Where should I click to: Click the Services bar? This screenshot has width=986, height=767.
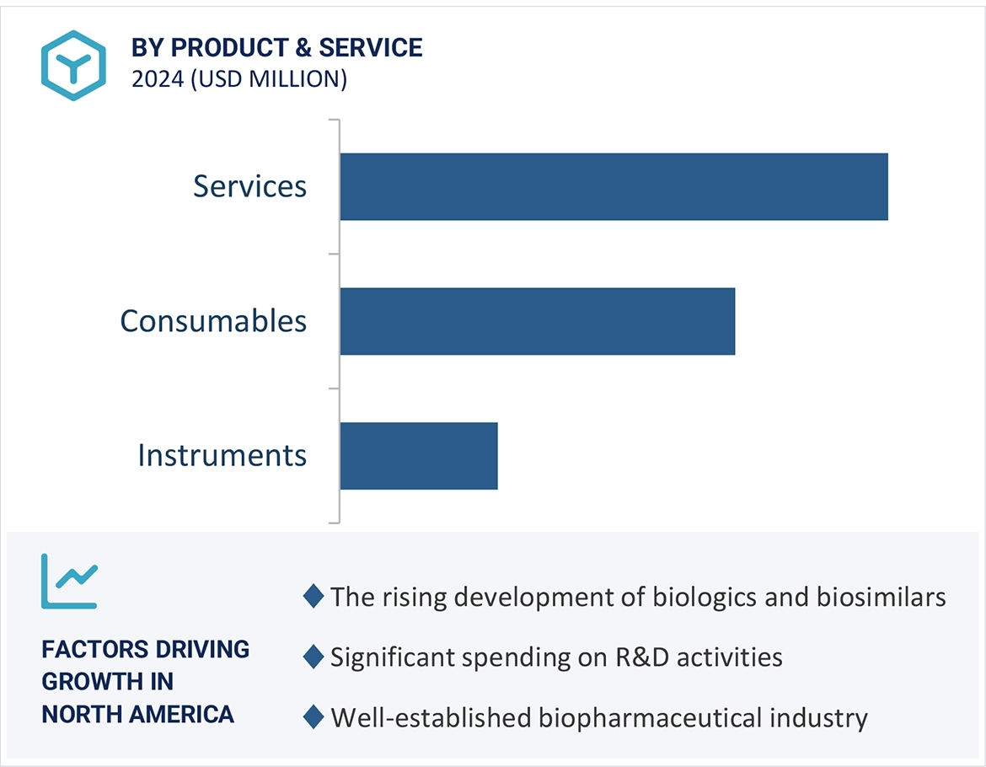click(x=614, y=186)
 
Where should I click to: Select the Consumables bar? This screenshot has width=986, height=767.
click(x=537, y=321)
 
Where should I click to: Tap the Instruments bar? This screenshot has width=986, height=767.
click(x=419, y=455)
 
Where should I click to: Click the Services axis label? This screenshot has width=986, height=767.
click(x=249, y=186)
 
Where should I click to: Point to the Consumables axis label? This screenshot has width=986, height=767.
click(x=213, y=321)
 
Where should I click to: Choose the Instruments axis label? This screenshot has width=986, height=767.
click(x=222, y=455)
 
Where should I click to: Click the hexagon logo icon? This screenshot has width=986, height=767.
click(x=73, y=65)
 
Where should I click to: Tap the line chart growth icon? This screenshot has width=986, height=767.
click(x=69, y=581)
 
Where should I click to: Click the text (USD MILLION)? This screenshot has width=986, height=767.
click(x=268, y=79)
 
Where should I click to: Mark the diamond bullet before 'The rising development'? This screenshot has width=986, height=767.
click(x=313, y=597)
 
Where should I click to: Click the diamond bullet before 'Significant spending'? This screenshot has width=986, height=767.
click(x=313, y=657)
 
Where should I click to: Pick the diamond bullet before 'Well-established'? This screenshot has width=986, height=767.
click(x=313, y=717)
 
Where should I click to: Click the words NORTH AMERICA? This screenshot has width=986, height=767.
click(x=137, y=714)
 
